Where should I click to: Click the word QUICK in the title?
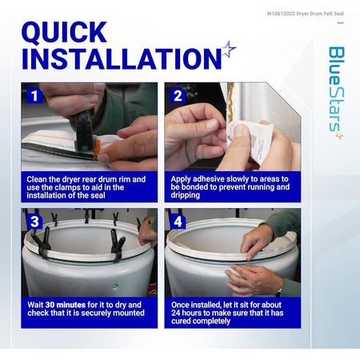[64, 33]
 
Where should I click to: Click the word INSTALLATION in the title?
[122, 58]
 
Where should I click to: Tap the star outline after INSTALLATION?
[229, 50]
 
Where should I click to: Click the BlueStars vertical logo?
[336, 93]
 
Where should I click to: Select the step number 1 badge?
[34, 96]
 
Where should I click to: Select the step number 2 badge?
[178, 96]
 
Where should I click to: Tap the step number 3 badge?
[34, 222]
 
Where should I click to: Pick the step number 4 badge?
[178, 222]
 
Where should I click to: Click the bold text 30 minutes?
[66, 305]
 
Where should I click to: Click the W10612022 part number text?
[281, 14]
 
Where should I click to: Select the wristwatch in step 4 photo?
[279, 292]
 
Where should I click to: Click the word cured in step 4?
[181, 321]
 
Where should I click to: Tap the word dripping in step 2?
[186, 195]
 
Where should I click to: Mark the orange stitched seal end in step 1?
[97, 149]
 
